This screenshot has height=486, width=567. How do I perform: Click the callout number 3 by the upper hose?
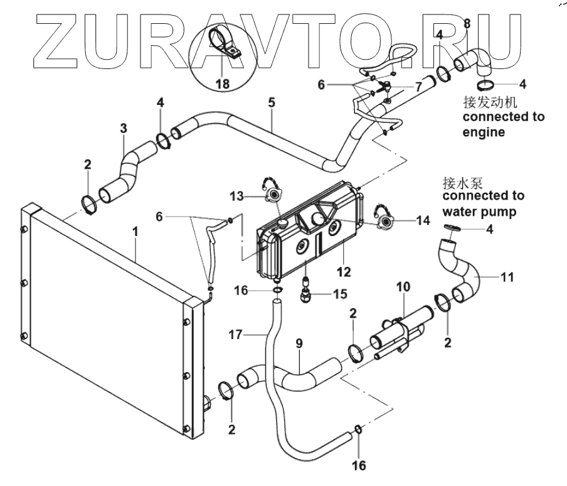(124, 127)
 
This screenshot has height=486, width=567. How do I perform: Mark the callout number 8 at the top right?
(467, 23)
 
